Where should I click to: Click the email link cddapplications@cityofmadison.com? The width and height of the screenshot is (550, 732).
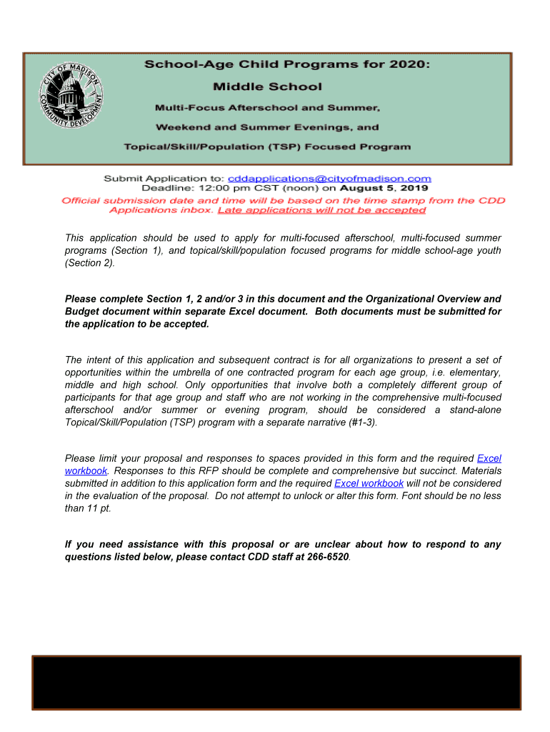point(329,178)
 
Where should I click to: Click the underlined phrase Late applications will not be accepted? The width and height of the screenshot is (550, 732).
point(321,210)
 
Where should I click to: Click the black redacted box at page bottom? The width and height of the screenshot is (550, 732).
point(276,683)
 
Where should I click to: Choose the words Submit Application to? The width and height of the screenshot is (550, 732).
point(163,178)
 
